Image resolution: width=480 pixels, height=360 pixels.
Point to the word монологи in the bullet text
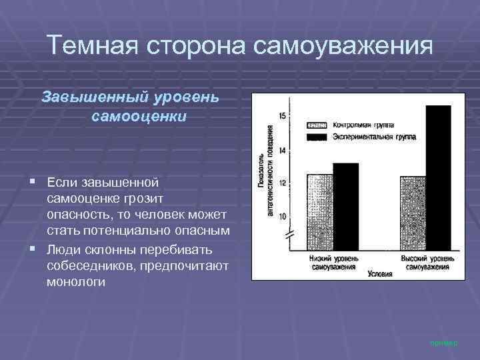[x=76, y=282]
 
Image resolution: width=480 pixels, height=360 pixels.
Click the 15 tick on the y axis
[x=282, y=117]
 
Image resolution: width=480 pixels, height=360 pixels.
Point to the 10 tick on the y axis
[x=282, y=216]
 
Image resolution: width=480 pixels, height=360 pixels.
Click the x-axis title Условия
[x=380, y=273]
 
